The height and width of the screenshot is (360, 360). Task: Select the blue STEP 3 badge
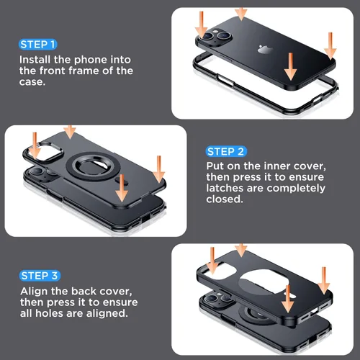click(39, 276)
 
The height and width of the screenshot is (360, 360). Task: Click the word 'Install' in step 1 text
click(35, 58)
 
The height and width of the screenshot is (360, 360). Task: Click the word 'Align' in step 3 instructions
click(33, 290)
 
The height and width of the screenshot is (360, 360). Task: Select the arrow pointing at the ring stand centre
click(122, 189)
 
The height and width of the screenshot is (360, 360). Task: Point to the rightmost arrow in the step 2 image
click(160, 167)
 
